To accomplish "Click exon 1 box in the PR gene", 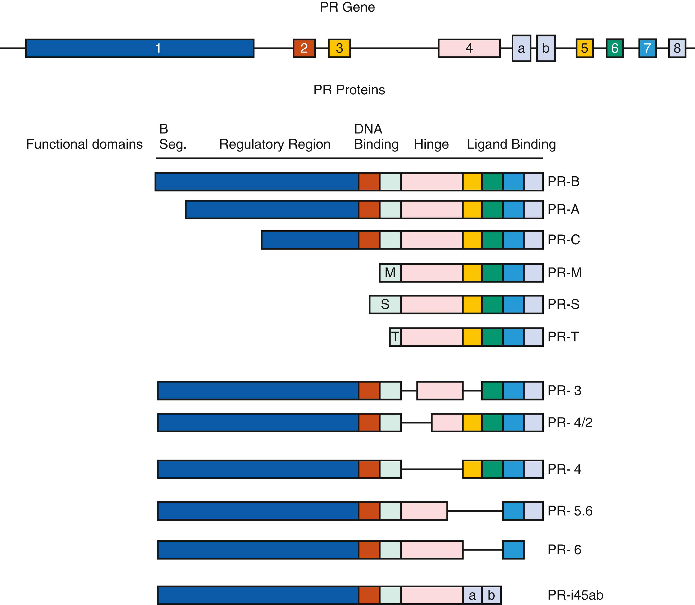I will (x=140, y=48).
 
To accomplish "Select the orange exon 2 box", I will (x=304, y=48).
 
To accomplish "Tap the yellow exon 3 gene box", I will (x=339, y=48).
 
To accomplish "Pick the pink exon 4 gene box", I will (x=469, y=48).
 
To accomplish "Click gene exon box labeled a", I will (x=521, y=48).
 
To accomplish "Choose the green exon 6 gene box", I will (x=614, y=48).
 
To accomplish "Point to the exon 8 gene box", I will (x=677, y=48).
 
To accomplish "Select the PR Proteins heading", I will (x=349, y=90).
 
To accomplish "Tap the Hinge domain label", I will (x=431, y=144).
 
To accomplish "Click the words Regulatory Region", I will (x=274, y=144).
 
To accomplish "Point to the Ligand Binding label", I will (x=511, y=144).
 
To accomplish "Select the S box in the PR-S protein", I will (x=385, y=304).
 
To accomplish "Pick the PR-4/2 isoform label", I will (x=570, y=422).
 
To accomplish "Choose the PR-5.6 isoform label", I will (x=570, y=511).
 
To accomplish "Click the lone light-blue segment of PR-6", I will (x=513, y=550).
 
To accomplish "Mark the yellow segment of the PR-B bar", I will (x=472, y=182).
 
